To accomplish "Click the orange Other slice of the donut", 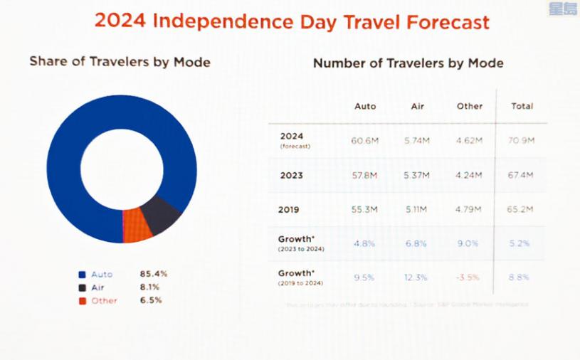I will pyautogui.click(x=137, y=226).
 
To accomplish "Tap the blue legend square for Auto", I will pyautogui.click(x=82, y=274).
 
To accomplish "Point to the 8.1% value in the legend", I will pyautogui.click(x=149, y=287).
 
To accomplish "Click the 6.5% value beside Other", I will pyautogui.click(x=150, y=300).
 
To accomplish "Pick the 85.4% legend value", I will pyautogui.click(x=153, y=274).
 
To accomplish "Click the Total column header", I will pyautogui.click(x=522, y=106).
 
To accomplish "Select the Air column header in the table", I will pyautogui.click(x=418, y=106).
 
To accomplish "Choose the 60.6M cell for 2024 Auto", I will pyautogui.click(x=365, y=141).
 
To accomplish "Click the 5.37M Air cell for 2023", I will pyautogui.click(x=418, y=175).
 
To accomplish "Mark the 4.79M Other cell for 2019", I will pyautogui.click(x=470, y=209).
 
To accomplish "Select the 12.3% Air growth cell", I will pyautogui.click(x=418, y=277).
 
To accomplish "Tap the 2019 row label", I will pyautogui.click(x=290, y=210).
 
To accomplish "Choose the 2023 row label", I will pyautogui.click(x=292, y=175).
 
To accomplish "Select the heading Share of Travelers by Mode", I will pyautogui.click(x=120, y=62).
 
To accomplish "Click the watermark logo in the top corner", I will pyautogui.click(x=564, y=9).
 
